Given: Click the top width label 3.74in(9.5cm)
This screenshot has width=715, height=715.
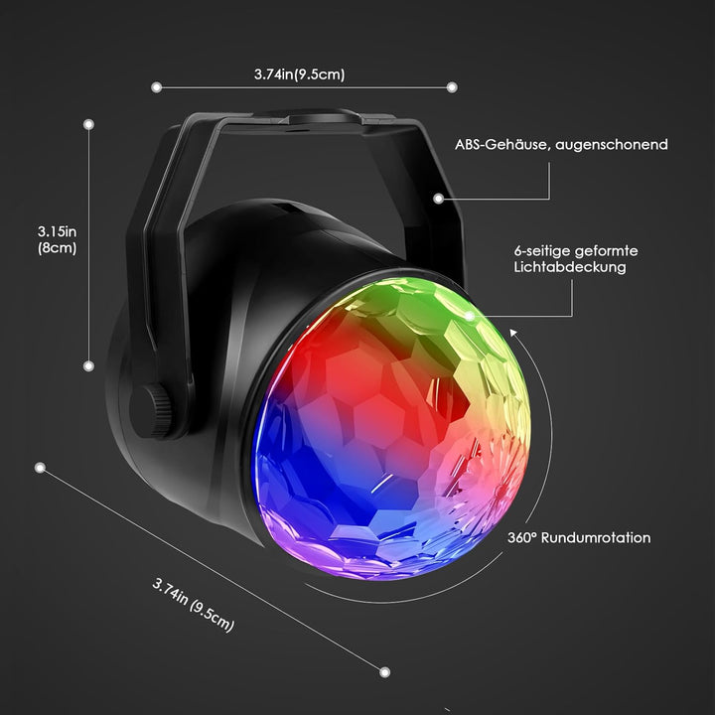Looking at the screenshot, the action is pos(299,74).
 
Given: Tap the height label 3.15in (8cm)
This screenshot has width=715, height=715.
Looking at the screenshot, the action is pos(57,240).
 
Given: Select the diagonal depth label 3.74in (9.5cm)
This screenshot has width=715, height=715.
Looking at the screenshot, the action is pos(193,605).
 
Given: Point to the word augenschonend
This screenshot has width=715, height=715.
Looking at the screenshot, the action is pos(612,145).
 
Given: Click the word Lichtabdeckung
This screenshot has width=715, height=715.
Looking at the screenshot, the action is pos(570,267).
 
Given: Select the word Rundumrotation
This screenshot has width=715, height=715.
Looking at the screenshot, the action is pos(596,537).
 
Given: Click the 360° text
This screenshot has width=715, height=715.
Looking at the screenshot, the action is pos(522,537).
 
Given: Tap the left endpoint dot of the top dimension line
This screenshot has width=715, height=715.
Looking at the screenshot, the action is pos(157,87).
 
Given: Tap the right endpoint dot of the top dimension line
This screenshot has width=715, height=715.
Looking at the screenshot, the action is pos(452,87).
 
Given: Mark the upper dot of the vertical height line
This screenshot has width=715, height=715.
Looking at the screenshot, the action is pos(89,124).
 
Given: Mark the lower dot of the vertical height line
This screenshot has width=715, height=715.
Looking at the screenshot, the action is pos(89,365).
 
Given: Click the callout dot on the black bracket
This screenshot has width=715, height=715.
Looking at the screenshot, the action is pos(438,199).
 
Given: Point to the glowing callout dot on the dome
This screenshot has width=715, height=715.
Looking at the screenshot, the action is pos(469,316).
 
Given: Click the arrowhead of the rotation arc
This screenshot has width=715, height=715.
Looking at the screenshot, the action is pos(514,333).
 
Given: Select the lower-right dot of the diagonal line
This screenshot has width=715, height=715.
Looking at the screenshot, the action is pos(385,672).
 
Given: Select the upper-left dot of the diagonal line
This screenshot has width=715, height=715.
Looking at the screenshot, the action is pos(40,468).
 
